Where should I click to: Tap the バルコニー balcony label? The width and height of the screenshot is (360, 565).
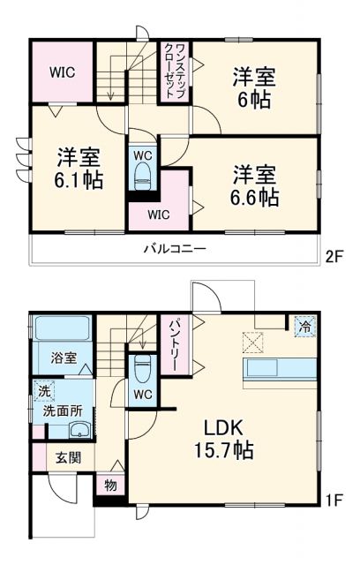[176, 249]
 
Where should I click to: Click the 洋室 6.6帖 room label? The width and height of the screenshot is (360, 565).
[256, 184]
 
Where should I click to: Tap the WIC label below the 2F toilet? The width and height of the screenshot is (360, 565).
[158, 213]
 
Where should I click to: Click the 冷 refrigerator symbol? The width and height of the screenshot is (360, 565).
[304, 324]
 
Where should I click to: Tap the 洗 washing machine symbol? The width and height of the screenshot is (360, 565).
[43, 388]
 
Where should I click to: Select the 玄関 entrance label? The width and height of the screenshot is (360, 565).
[67, 458]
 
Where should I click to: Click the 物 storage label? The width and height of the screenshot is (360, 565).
[109, 485]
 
